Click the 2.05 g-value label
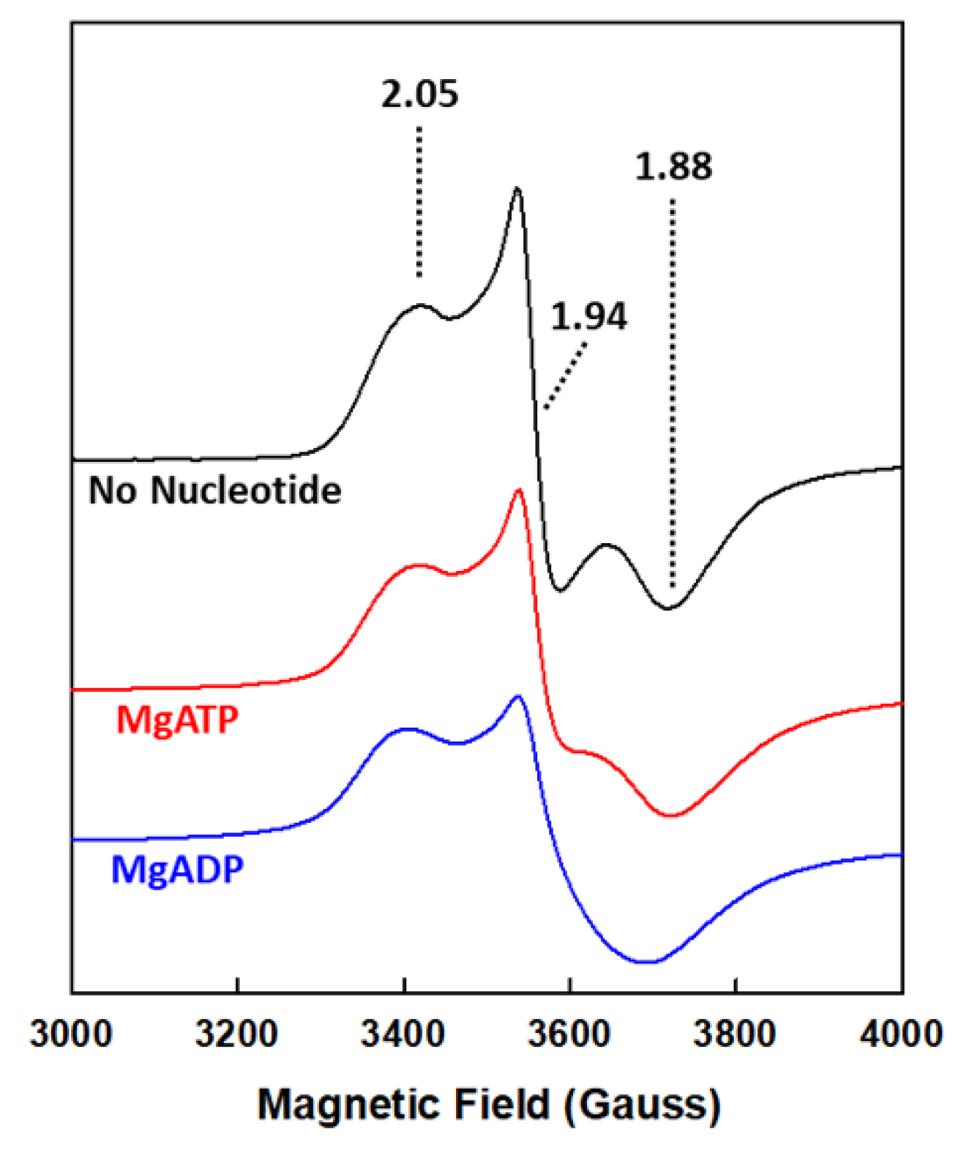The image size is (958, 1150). tap(419, 94)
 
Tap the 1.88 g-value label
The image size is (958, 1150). tap(673, 166)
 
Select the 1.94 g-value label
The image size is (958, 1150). tap(588, 316)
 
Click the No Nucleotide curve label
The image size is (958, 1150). tap(214, 490)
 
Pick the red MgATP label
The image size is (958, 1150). tap(177, 720)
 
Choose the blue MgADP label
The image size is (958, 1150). tap(177, 870)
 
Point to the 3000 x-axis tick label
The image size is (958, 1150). tap(71, 1034)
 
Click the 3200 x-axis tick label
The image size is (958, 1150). tap(236, 1034)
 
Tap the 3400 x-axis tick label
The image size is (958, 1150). tap(403, 1034)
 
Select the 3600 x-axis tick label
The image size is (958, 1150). tap(569, 1034)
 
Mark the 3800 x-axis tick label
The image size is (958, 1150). tap(735, 1034)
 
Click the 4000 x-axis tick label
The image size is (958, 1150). tap(901, 1034)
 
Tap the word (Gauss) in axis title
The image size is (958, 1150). tap(643, 1104)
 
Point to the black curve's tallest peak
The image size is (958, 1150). tap(517, 190)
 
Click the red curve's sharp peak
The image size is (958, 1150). tap(519, 490)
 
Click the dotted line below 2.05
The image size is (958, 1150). tap(419, 201)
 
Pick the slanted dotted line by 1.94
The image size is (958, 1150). tap(566, 376)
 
